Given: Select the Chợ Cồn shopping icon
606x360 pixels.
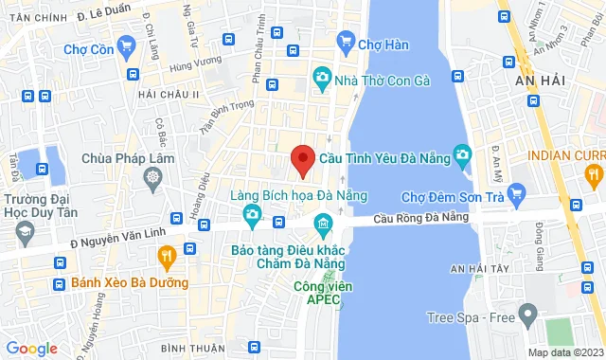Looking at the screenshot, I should click(127, 48).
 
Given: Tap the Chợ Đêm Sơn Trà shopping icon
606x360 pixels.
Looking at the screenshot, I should click(516, 195).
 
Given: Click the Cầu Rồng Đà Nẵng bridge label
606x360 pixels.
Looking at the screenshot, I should click(421, 218).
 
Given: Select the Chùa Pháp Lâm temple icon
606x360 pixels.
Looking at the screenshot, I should click(152, 176).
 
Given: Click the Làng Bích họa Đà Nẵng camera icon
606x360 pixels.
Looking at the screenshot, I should click(253, 215).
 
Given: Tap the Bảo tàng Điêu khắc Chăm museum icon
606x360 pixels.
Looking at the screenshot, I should click(323, 226).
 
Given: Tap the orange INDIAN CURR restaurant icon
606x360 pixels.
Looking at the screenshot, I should click(593, 173).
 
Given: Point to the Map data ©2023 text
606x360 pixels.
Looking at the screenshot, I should click(564, 352).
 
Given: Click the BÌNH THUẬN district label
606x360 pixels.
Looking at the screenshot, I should click(193, 349).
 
